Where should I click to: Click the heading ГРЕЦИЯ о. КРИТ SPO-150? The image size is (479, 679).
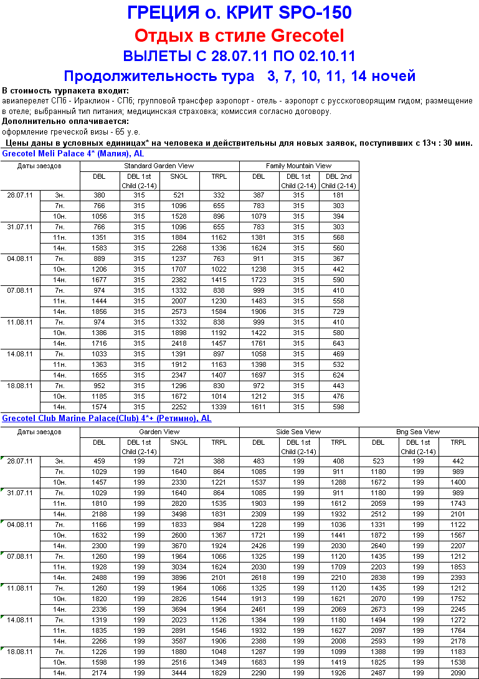(x=239, y=12)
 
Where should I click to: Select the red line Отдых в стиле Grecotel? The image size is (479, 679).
(x=239, y=35)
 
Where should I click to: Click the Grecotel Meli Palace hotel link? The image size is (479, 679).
(x=74, y=153)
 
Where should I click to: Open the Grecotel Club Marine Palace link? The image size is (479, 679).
(x=107, y=419)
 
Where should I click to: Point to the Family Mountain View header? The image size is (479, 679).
(x=298, y=166)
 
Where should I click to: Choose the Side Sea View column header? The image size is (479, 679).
(x=298, y=432)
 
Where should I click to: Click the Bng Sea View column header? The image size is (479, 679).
(x=418, y=432)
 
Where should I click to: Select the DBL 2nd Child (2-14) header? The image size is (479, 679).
(x=338, y=181)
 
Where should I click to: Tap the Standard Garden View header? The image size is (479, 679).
(x=159, y=166)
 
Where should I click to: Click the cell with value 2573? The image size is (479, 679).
(x=179, y=311)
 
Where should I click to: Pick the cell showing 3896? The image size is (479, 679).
(x=179, y=577)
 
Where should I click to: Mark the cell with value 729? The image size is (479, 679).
(x=338, y=311)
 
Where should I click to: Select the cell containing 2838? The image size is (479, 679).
(x=378, y=577)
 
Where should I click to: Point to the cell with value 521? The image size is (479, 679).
(x=179, y=196)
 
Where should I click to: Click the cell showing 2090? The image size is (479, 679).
(x=458, y=673)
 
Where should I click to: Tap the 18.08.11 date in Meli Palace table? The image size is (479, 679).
(x=19, y=386)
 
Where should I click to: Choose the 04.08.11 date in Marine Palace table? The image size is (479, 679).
(x=21, y=525)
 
